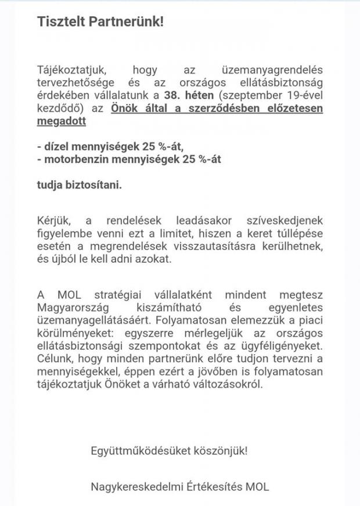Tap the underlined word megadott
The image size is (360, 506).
61,121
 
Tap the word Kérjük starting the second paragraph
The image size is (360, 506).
54,221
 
